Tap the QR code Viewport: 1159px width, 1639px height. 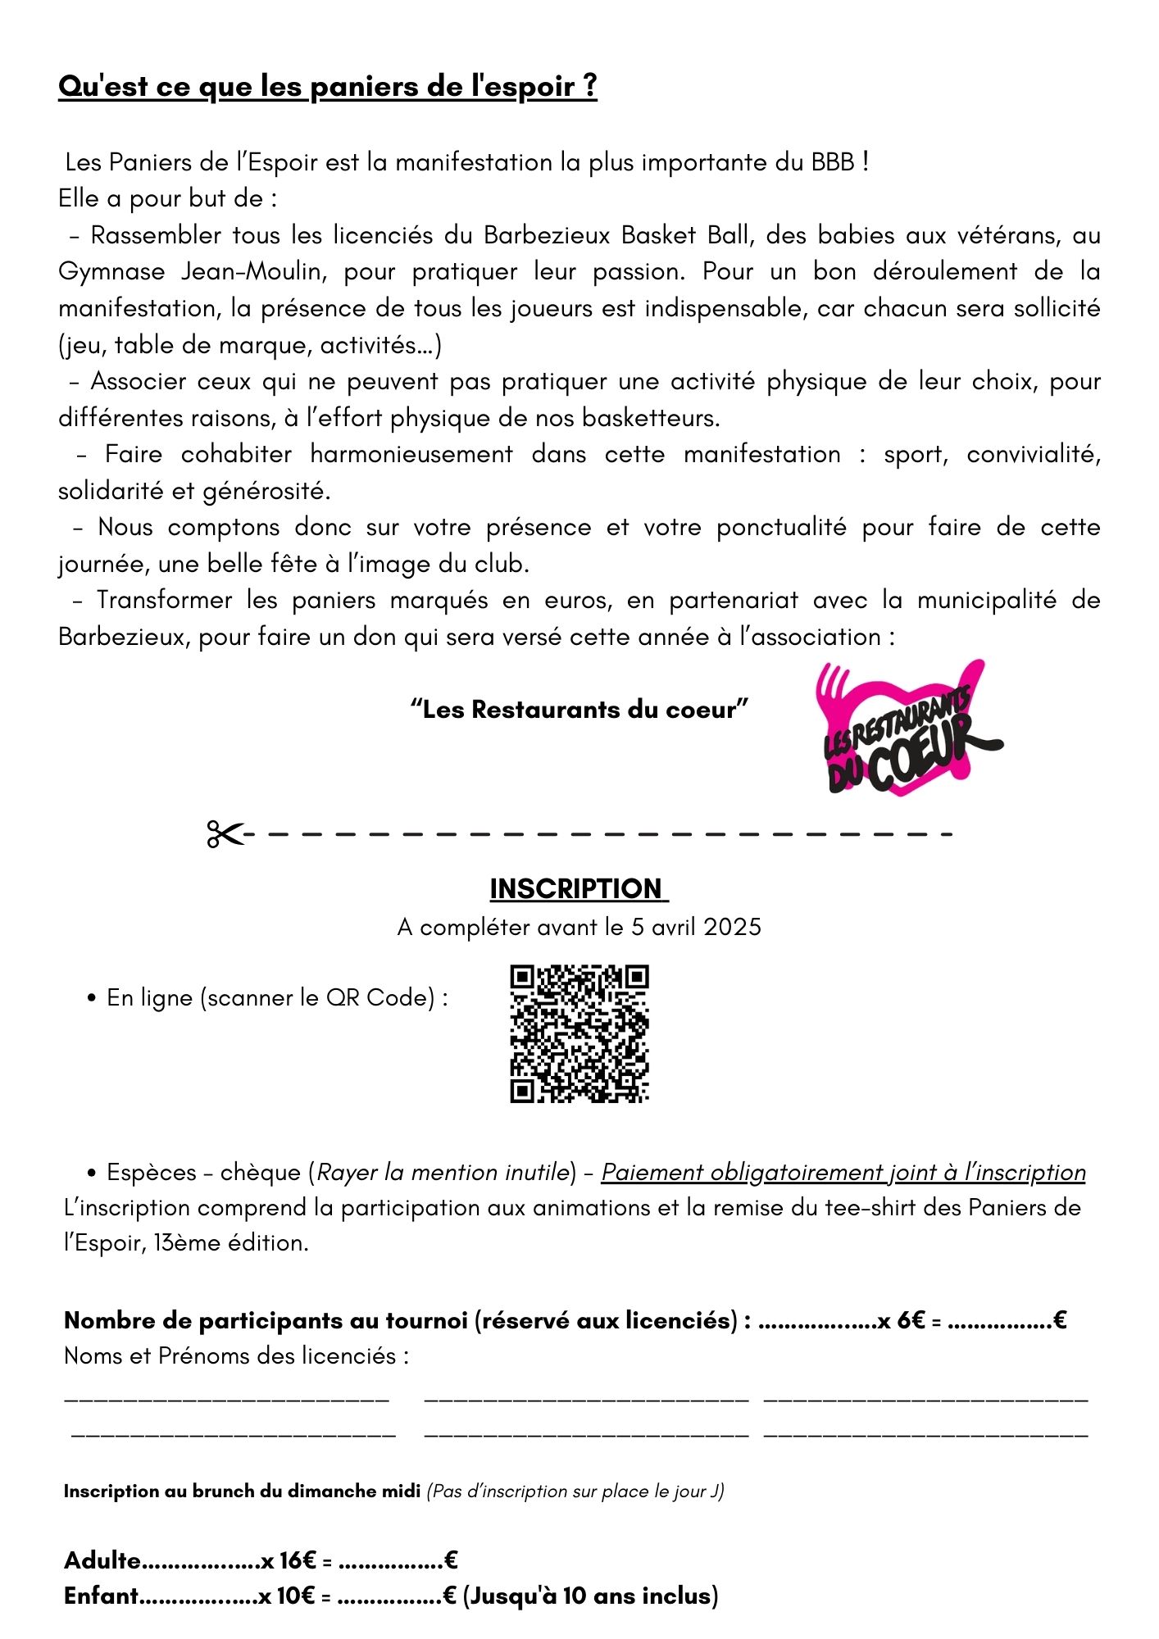coord(579,1033)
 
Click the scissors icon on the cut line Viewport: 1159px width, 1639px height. coord(225,834)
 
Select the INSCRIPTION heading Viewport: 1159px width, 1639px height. coord(578,888)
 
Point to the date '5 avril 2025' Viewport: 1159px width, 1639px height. coord(696,927)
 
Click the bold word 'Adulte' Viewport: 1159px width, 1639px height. coord(102,1560)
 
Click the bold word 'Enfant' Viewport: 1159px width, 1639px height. coord(102,1596)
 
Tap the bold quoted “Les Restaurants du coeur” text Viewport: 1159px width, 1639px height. coord(579,709)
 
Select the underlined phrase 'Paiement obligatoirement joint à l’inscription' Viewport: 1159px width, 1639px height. coord(843,1172)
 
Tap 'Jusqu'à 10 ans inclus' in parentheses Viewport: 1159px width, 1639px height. coord(590,1596)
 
